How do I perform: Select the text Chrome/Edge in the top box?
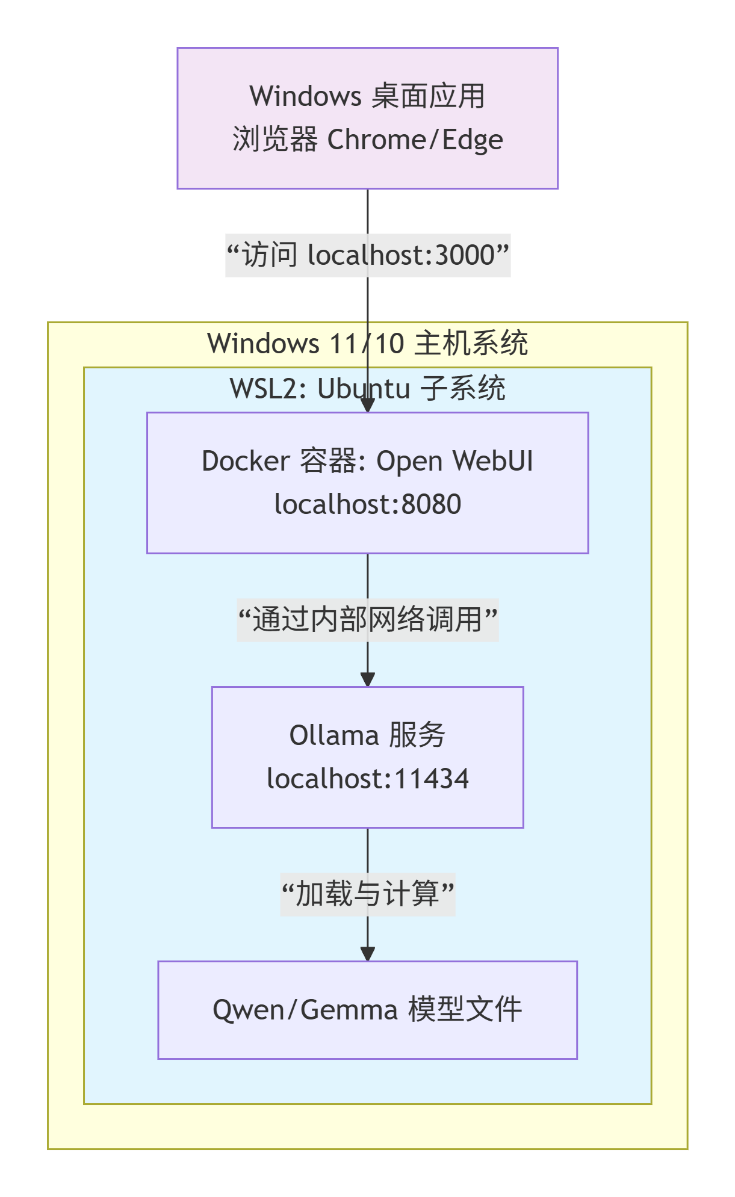[415, 140]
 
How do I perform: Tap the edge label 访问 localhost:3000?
[368, 255]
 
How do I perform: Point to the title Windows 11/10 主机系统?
[367, 344]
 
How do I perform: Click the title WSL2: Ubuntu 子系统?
[367, 389]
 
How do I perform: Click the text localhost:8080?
[367, 504]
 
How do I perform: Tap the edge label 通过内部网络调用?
[367, 620]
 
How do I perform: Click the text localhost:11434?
[367, 779]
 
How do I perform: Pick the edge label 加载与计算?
[367, 894]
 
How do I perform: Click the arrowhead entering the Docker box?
[367, 405]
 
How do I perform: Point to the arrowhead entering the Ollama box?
[367, 679]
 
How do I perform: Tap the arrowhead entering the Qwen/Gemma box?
[367, 954]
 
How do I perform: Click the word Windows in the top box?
[305, 96]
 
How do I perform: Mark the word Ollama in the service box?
[334, 735]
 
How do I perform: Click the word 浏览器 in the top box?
[274, 140]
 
